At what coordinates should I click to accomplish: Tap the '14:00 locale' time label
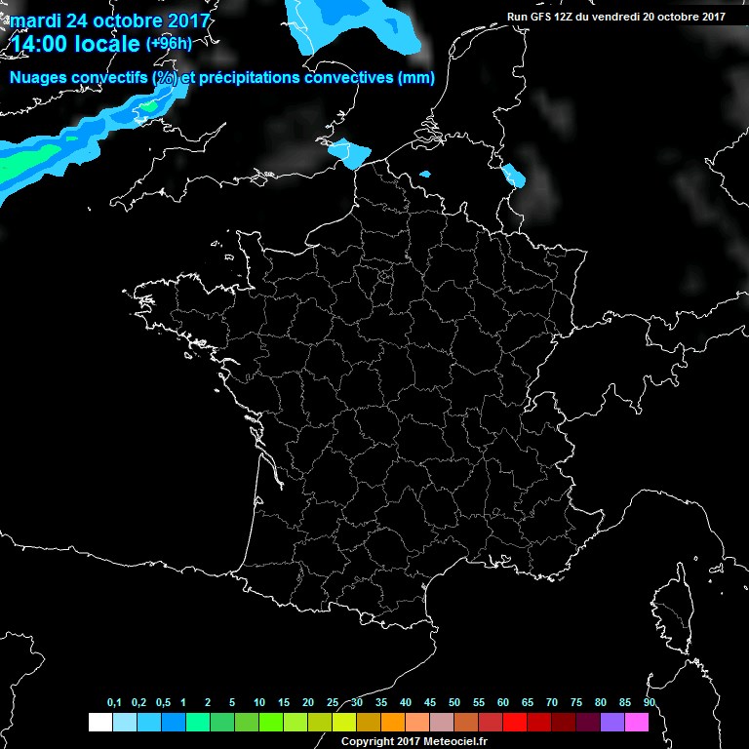74,45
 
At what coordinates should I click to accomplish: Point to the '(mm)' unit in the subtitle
416,78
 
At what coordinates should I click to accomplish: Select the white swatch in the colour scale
99,722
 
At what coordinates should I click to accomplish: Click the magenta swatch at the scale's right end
637,722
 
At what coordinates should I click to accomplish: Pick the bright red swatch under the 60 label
514,722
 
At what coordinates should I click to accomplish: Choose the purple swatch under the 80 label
612,722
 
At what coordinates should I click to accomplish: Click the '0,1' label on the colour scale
113,703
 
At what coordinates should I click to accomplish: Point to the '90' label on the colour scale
649,703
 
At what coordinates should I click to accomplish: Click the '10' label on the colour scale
258,703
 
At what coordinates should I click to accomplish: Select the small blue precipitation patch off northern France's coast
349,153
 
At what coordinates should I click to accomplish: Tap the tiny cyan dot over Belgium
424,175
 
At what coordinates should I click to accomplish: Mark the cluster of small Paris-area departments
385,277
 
